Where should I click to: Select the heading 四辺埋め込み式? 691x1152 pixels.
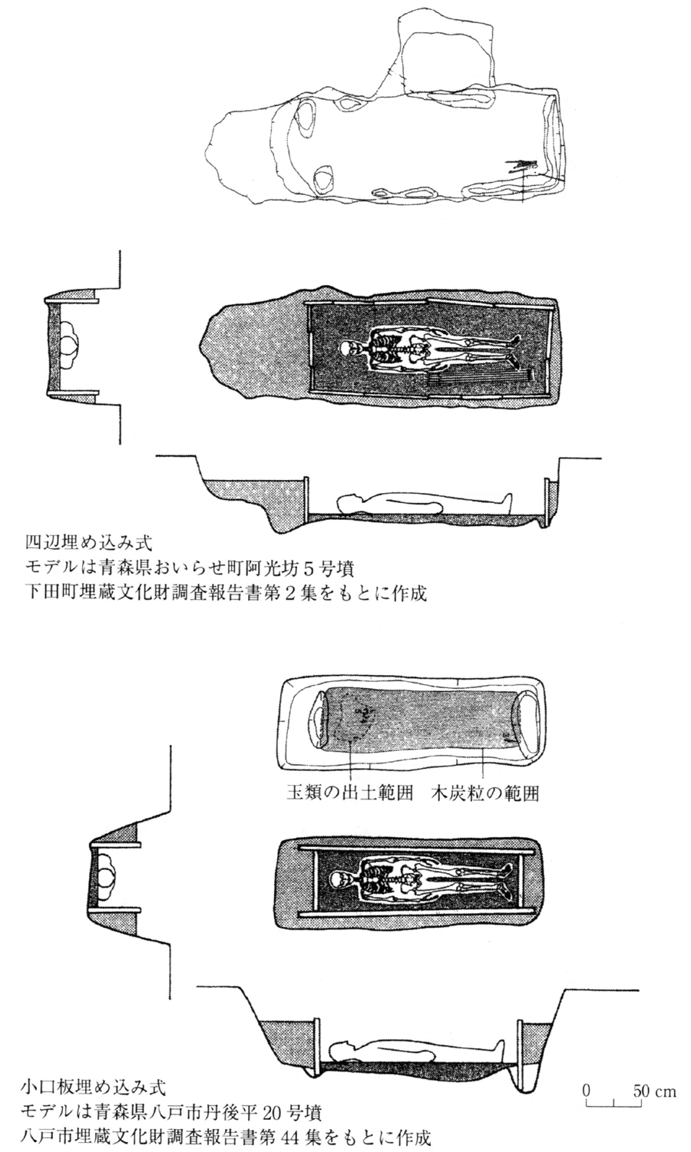[x=89, y=542]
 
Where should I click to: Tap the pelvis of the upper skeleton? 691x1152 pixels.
[x=418, y=349]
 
